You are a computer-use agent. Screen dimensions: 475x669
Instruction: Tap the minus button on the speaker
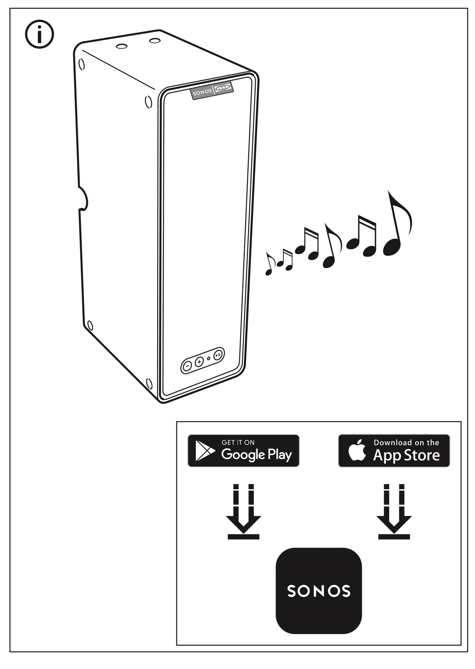187,366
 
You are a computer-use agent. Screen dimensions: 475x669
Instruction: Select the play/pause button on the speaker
217,354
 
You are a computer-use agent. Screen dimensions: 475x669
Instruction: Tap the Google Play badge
243,451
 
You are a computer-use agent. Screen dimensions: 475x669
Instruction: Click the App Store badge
394,451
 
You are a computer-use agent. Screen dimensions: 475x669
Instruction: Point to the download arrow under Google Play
243,511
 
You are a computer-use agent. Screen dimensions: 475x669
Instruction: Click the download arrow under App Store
394,511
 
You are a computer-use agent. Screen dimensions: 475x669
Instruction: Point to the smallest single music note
270,264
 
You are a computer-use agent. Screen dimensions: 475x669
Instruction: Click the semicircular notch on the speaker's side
83,198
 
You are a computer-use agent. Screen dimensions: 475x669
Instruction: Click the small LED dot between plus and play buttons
208,359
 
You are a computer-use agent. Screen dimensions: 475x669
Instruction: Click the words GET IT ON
238,443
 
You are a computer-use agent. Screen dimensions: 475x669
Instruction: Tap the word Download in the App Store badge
392,443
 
